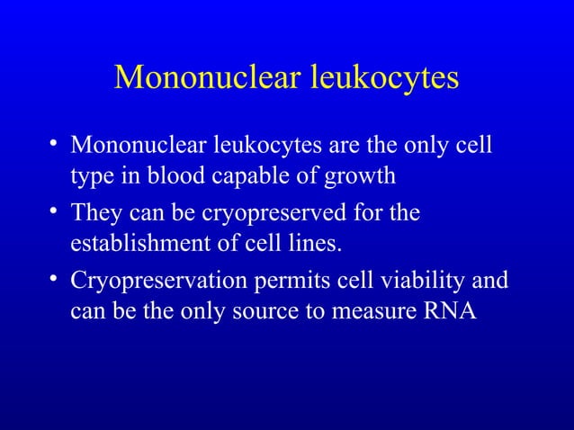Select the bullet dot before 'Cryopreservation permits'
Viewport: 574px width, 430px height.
point(56,280)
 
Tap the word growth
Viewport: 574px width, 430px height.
point(361,175)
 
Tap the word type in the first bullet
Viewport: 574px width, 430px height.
point(90,176)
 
